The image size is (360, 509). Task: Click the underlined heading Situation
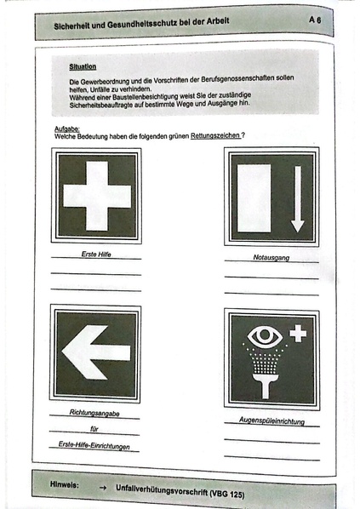83,66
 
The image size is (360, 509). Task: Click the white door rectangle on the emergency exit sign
255,198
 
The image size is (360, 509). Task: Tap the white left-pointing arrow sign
94,352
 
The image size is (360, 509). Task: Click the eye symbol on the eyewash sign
264,336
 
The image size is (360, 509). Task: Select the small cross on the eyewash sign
298,333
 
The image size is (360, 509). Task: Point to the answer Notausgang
271,257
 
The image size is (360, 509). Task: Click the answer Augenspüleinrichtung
271,421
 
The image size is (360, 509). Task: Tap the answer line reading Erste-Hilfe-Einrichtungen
94,445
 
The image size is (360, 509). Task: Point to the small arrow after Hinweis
102,485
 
